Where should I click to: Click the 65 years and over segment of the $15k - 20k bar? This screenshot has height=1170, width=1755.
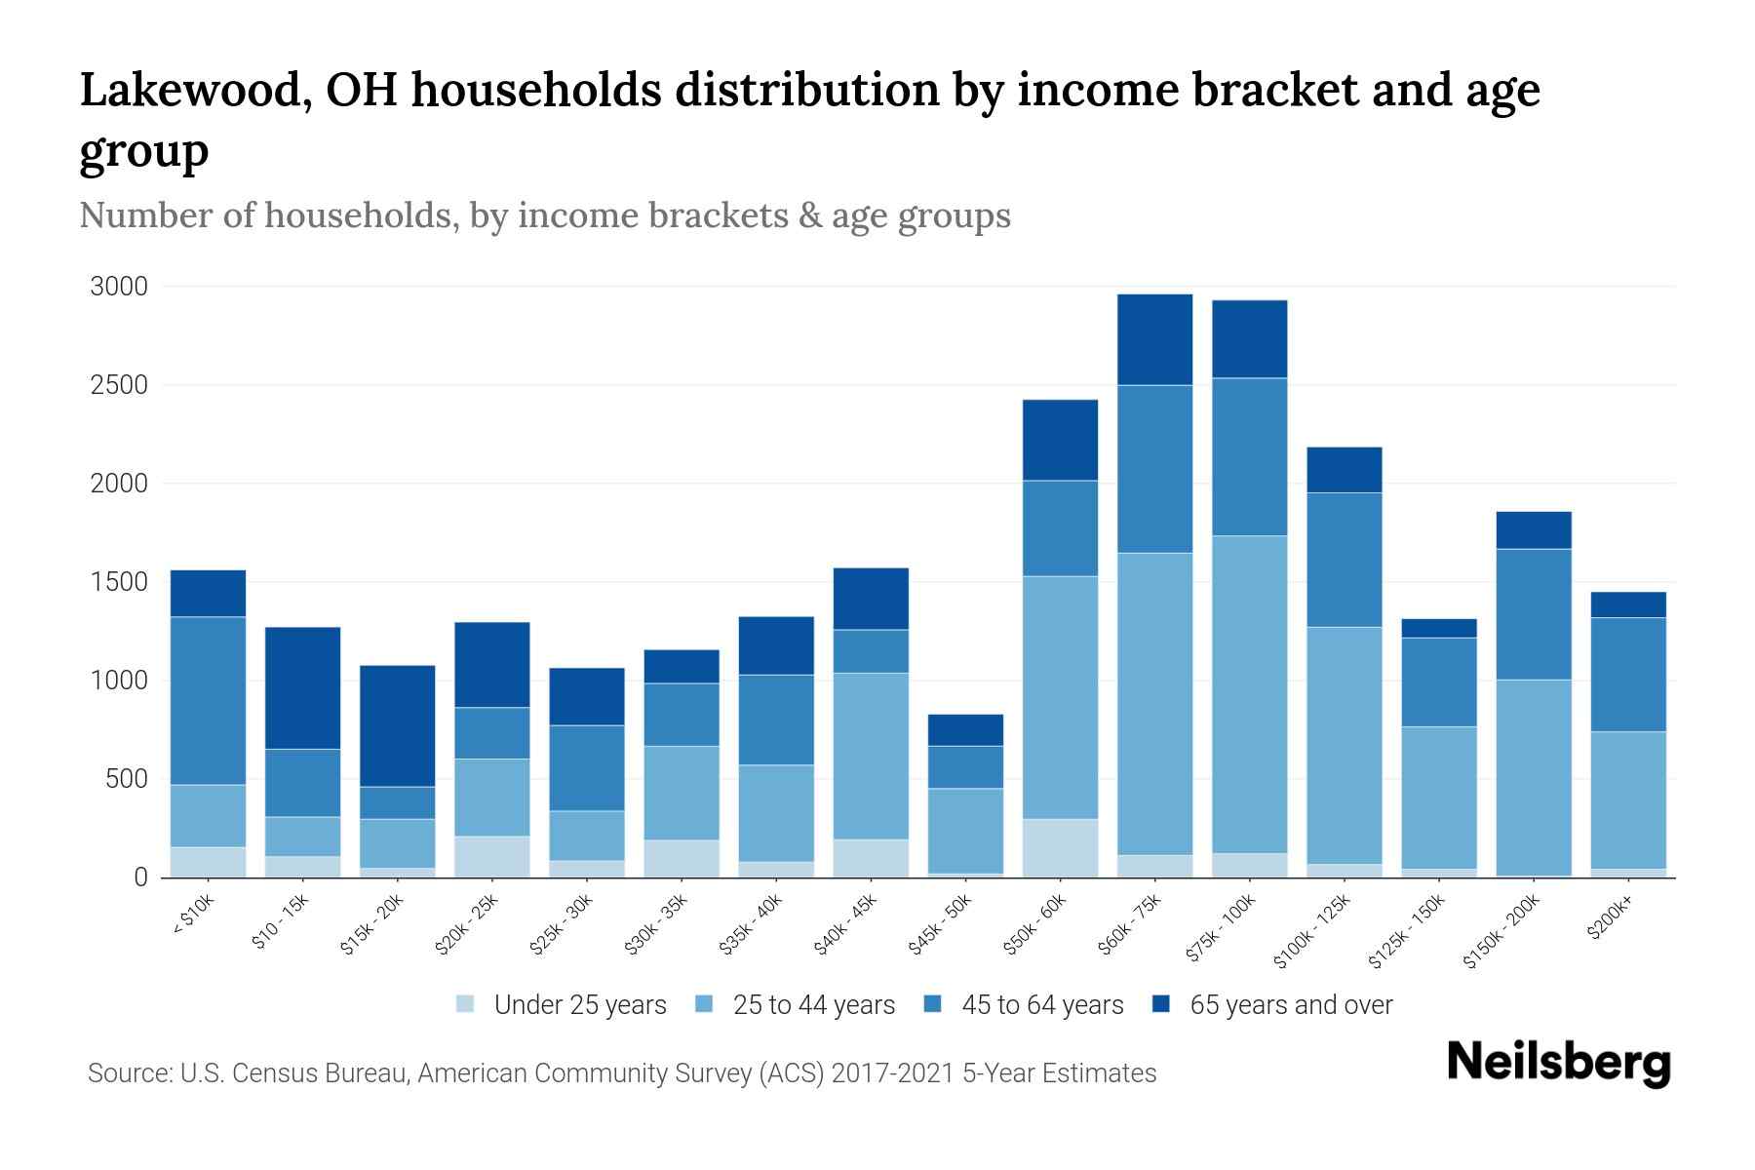[397, 725]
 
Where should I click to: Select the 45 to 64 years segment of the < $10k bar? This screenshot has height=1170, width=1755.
[208, 700]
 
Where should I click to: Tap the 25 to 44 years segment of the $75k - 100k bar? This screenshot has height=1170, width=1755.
[1249, 694]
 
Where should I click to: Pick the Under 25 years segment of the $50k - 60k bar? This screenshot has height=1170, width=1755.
[1060, 847]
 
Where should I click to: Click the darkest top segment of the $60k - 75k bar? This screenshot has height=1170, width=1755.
[1154, 339]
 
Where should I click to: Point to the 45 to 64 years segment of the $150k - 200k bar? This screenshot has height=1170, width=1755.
[1534, 614]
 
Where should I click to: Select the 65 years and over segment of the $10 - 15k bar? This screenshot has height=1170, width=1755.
[302, 687]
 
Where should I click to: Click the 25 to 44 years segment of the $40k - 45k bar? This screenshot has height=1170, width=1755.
[871, 756]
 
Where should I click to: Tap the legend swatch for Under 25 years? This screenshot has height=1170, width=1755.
[466, 1004]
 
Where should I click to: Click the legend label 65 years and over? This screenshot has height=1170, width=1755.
[1291, 1005]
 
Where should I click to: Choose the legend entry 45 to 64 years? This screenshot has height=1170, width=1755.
[1041, 1005]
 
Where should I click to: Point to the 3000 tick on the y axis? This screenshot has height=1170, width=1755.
[119, 287]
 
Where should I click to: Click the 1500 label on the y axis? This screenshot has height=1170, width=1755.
[119, 582]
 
